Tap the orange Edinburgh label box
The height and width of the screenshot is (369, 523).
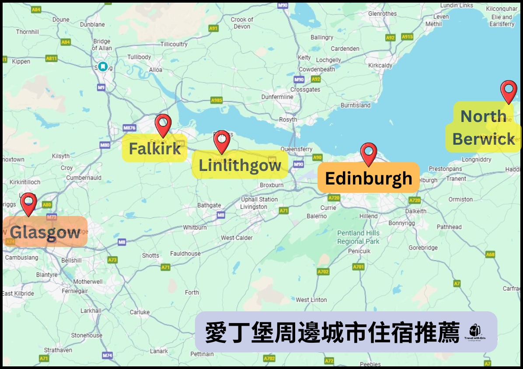tap(368, 178)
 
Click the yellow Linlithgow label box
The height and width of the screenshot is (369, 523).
tap(240, 165)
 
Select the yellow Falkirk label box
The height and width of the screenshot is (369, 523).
tap(154, 149)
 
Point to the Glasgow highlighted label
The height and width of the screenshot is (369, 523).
tap(45, 232)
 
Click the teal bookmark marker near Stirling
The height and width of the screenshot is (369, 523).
tap(103, 66)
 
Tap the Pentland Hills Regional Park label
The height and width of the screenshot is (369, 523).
tap(358, 237)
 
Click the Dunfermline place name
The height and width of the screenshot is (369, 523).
tap(277, 97)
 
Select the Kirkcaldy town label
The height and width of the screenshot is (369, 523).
tap(380, 65)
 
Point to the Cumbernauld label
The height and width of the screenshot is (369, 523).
tap(84, 178)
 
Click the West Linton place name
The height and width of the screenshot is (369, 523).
tap(311, 300)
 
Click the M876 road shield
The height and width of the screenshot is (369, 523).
tap(129, 128)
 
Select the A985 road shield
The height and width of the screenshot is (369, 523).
tap(216, 100)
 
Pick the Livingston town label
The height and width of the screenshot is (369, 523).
tap(254, 207)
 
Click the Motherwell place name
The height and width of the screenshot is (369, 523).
tap(88, 282)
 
